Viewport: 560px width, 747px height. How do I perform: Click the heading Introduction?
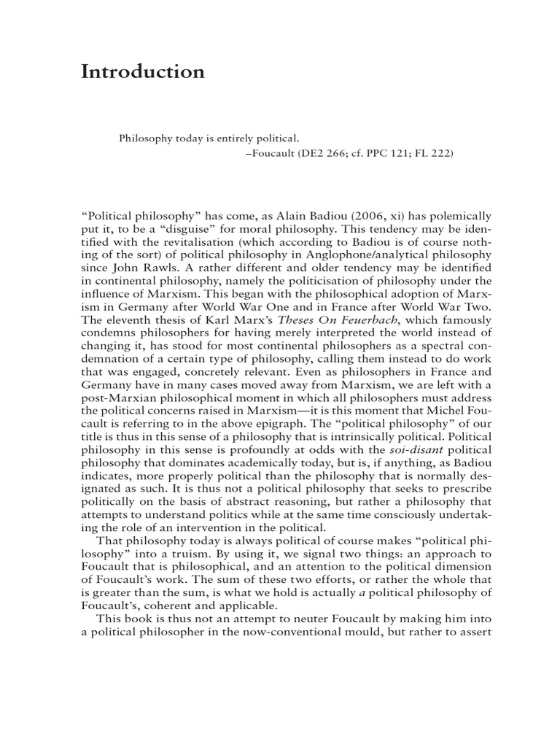tap(143, 72)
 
